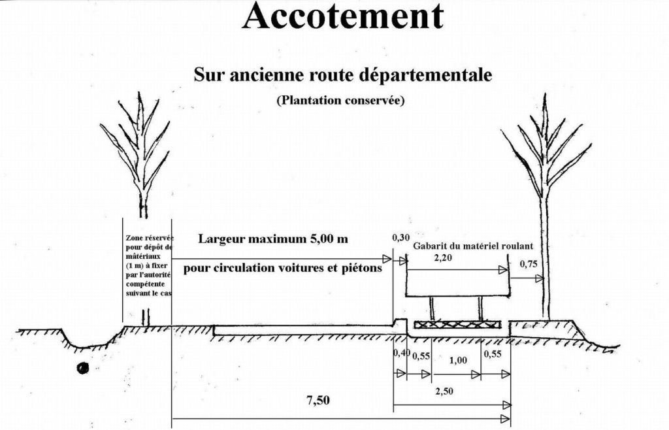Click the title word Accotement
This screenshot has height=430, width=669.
pyautogui.click(x=342, y=16)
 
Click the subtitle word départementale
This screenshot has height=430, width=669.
pyautogui.click(x=425, y=74)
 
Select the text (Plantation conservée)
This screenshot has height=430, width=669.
pyautogui.click(x=340, y=100)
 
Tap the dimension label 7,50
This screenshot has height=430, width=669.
pyautogui.click(x=318, y=400)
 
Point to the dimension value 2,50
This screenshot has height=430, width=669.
pyautogui.click(x=444, y=391)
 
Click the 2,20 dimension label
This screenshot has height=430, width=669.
pyautogui.click(x=443, y=257)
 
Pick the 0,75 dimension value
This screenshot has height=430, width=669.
pyautogui.click(x=529, y=264)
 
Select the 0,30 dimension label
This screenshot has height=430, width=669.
pyautogui.click(x=400, y=238)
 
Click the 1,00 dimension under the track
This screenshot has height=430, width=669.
pyautogui.click(x=458, y=360)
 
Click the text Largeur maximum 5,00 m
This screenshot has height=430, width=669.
pyautogui.click(x=273, y=239)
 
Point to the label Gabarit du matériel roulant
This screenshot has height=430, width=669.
pyautogui.click(x=473, y=246)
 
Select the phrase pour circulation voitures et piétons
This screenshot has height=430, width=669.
pyautogui.click(x=282, y=269)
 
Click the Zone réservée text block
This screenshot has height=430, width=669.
pyautogui.click(x=150, y=265)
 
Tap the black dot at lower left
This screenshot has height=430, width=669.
pyautogui.click(x=83, y=368)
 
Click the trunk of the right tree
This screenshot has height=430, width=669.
pyautogui.click(x=544, y=256)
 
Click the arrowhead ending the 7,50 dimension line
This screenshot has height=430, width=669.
pyautogui.click(x=506, y=418)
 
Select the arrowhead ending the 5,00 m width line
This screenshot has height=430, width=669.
pyautogui.click(x=387, y=259)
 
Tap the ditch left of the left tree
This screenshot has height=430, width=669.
pyautogui.click(x=88, y=340)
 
